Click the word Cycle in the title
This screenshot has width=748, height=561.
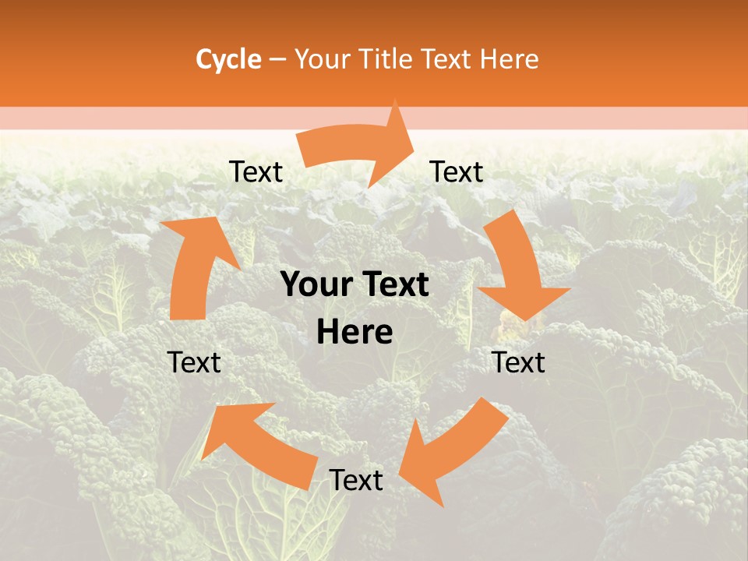[228, 59]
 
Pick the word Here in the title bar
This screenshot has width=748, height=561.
[509, 59]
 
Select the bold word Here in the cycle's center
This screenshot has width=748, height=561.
[355, 332]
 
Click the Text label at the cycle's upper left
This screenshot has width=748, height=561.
[256, 172]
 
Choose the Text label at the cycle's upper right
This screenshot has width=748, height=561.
[457, 172]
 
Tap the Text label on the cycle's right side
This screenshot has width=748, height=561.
[519, 362]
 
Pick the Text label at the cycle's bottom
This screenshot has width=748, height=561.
[356, 481]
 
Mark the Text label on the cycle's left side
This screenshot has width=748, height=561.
[194, 362]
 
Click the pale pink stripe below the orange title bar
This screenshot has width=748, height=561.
[117, 118]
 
